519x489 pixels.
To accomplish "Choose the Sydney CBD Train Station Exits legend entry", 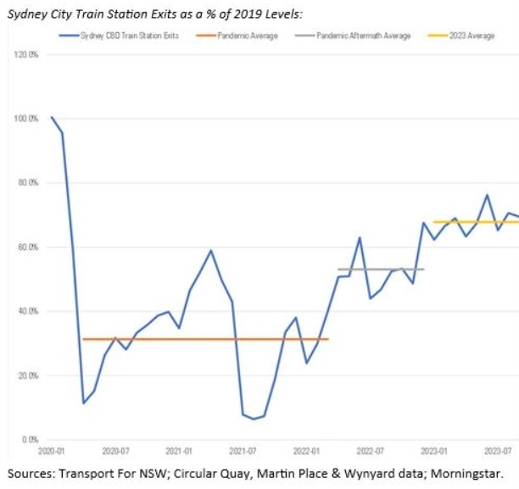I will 124,36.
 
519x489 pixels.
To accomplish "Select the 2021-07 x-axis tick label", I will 243,452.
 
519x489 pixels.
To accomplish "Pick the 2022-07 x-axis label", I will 371,452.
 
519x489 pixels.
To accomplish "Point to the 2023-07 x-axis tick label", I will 499,452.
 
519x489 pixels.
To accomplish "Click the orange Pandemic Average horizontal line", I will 204,339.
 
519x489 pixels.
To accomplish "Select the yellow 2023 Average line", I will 475,222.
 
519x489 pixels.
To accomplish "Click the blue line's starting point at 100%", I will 52,118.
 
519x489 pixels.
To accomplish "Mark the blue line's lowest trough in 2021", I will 253,419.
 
